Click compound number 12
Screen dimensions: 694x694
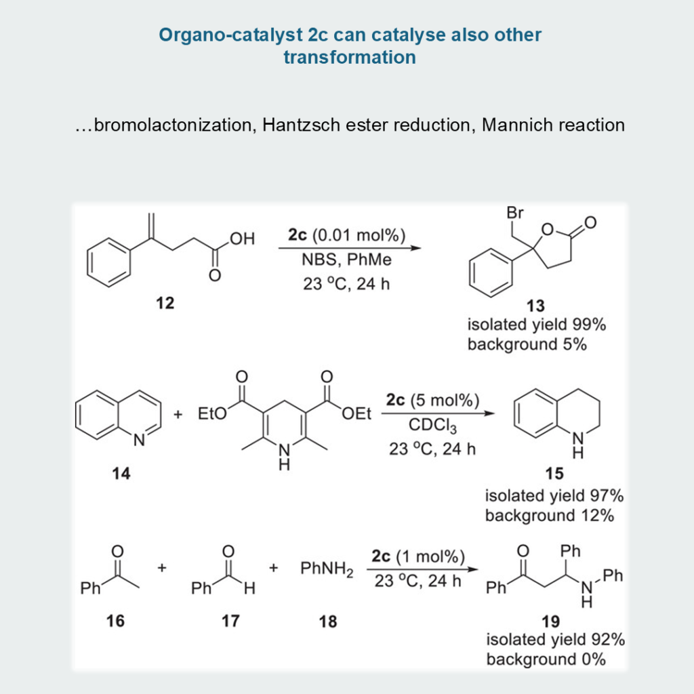(x=165, y=303)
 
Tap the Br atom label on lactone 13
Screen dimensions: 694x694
(x=515, y=213)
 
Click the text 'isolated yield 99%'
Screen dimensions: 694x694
(x=536, y=325)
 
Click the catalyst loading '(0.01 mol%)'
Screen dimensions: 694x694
(x=366, y=236)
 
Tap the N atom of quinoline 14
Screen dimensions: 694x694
(x=140, y=441)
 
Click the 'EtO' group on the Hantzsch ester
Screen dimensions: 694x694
(x=211, y=414)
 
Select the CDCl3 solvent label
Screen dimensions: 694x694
(x=432, y=428)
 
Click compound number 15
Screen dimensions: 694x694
(x=554, y=474)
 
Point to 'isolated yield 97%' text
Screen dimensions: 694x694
(x=554, y=496)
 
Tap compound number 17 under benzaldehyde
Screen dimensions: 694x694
(x=230, y=620)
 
